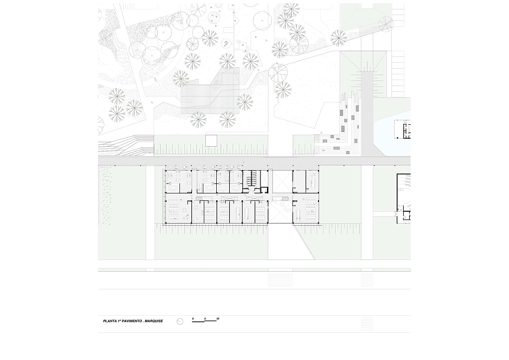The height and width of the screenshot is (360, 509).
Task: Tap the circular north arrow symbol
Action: pos(179,321)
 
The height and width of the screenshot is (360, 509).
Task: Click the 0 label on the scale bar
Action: pos(193,318)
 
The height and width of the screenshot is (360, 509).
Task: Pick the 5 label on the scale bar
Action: pos(205,318)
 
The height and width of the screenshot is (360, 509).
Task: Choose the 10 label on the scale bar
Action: pos(218,318)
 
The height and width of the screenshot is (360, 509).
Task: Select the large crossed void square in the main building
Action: pos(282,181)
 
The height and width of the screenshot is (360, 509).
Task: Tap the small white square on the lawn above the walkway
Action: pos(211,141)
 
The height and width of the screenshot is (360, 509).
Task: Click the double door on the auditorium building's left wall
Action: pos(396,213)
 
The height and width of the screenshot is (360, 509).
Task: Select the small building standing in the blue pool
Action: pos(403,129)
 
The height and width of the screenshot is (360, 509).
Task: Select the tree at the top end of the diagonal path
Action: pos(386,24)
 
